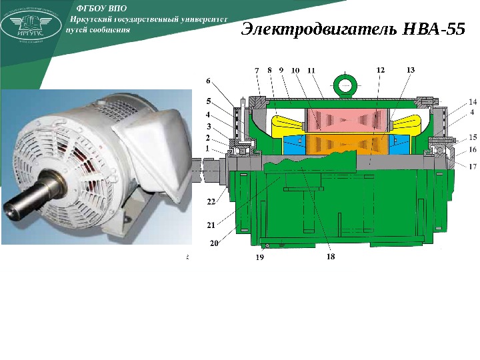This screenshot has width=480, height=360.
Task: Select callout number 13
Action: coord(410,69)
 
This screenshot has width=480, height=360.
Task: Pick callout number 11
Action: coord(311,69)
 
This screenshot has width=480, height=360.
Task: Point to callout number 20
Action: coord(214,243)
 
